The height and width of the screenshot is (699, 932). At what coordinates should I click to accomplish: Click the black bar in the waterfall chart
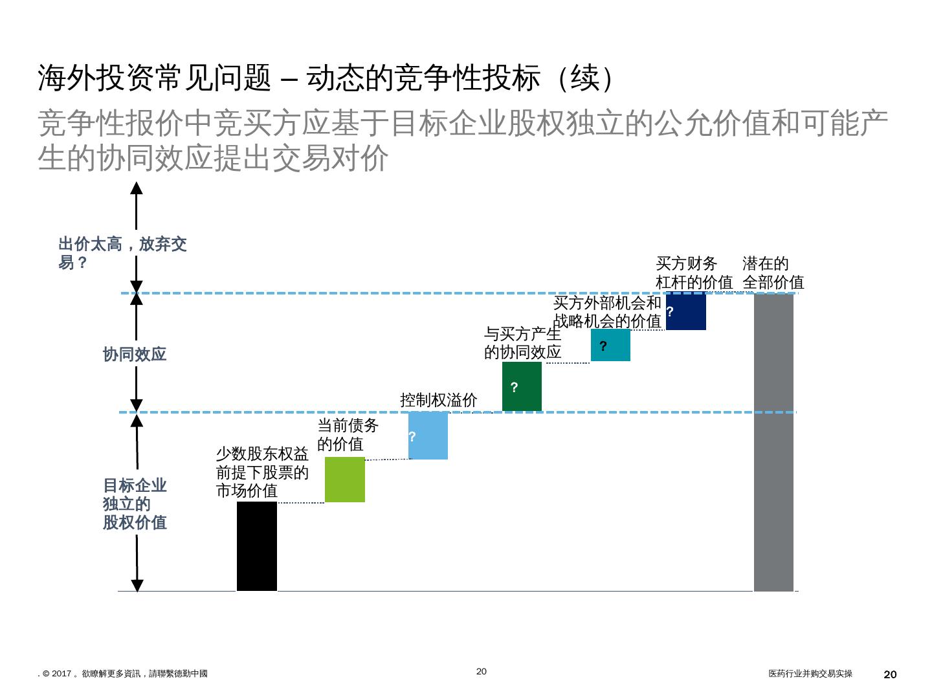coord(256,546)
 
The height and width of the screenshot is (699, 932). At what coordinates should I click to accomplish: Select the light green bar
coord(344,480)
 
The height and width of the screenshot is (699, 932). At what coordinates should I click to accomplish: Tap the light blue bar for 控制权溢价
coord(428,436)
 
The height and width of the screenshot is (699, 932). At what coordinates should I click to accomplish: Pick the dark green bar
coord(522,386)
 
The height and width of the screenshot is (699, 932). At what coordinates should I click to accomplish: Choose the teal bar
coord(610,345)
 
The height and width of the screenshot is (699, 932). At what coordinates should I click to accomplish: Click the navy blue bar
coord(685,311)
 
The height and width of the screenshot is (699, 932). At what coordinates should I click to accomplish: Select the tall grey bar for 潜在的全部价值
coord(773,442)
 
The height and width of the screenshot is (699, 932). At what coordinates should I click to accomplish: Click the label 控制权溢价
coord(438,400)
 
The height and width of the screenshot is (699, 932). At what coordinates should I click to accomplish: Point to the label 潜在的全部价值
coord(773,273)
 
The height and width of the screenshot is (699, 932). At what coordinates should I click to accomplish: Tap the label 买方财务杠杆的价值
coord(694,273)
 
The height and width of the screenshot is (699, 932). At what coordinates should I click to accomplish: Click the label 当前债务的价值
coord(348,435)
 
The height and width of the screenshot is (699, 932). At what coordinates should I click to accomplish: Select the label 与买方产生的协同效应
coord(522,343)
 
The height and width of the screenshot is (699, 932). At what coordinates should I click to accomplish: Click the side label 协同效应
coord(135,355)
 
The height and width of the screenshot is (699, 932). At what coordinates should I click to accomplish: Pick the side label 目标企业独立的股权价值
coord(135,504)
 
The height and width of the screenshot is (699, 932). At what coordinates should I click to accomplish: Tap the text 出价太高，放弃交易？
coord(122,253)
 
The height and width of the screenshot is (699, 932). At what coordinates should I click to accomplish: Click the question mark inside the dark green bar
coord(514,388)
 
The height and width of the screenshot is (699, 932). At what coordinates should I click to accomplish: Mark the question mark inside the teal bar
coord(603,346)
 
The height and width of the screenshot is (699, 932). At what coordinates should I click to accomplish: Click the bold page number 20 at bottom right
coord(890,674)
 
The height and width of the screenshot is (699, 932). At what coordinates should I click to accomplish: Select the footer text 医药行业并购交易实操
coord(810,674)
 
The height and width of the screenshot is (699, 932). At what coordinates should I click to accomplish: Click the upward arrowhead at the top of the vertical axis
coord(137,188)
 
